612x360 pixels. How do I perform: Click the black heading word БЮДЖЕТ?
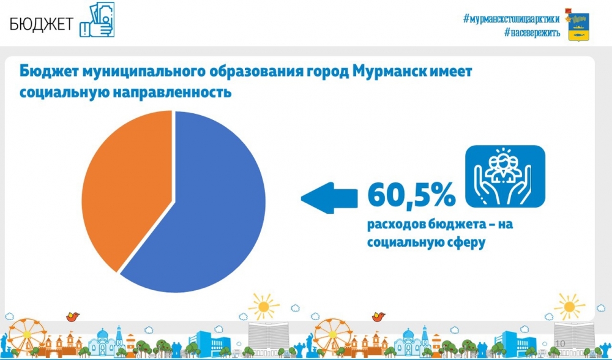click(x=42, y=24)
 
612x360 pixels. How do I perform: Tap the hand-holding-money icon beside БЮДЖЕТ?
click(x=97, y=20)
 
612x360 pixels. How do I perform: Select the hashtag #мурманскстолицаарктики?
click(x=511, y=18)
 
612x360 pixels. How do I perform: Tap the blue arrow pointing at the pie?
click(x=329, y=198)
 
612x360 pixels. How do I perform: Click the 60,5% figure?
click(x=411, y=195)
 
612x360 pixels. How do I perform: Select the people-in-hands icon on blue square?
click(x=505, y=176)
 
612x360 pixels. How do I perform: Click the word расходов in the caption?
click(x=396, y=225)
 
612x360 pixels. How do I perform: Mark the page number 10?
click(x=560, y=343)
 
